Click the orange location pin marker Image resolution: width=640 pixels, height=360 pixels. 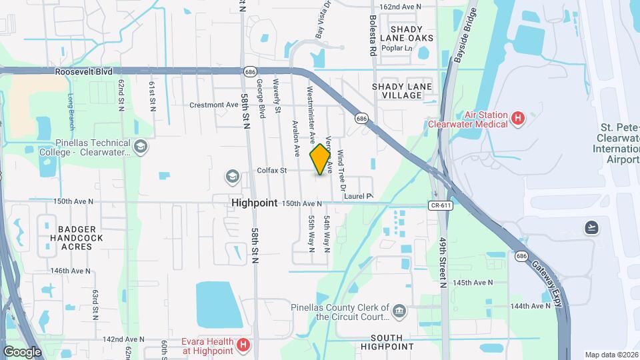pyautogui.click(x=321, y=159)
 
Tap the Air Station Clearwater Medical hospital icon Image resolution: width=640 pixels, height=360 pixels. pyautogui.click(x=518, y=119)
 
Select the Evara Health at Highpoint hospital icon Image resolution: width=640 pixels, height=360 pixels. pyautogui.click(x=243, y=346)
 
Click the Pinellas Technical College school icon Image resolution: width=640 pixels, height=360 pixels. pyautogui.click(x=141, y=146)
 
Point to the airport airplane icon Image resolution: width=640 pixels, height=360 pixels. pyautogui.click(x=591, y=228)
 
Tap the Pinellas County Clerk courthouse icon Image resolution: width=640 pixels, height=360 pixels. pyautogui.click(x=399, y=309)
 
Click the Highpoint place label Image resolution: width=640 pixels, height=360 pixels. pyautogui.click(x=254, y=202)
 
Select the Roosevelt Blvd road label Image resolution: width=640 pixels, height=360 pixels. pyautogui.click(x=83, y=71)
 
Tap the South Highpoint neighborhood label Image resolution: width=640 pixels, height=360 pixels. pyautogui.click(x=387, y=342)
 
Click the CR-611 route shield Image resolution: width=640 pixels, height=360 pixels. pyautogui.click(x=441, y=205)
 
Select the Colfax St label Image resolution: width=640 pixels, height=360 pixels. pyautogui.click(x=271, y=171)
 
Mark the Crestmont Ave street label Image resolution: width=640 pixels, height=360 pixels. pyautogui.click(x=213, y=105)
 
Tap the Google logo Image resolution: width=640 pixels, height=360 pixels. pyautogui.click(x=22, y=351)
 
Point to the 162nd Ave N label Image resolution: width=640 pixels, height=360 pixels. pyautogui.click(x=400, y=7)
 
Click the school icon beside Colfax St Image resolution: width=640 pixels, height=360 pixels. pyautogui.click(x=231, y=176)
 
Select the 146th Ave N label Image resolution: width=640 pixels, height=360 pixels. pyautogui.click(x=70, y=271)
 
